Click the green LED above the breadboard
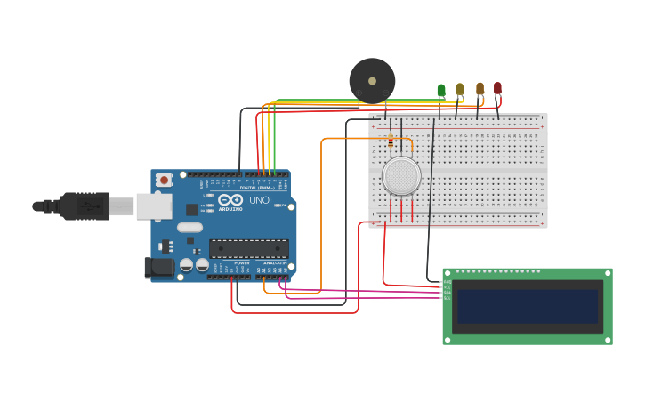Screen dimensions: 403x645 pyautogui.click(x=441, y=90)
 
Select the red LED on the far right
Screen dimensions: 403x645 pyautogui.click(x=497, y=88)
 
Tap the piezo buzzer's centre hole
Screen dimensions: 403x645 pyautogui.click(x=372, y=80)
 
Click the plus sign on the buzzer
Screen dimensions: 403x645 pyautogui.click(x=359, y=93)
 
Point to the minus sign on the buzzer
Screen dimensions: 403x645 pyautogui.click(x=385, y=93)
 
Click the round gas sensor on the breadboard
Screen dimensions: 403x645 pyautogui.click(x=401, y=176)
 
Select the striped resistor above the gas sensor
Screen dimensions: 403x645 pyautogui.click(x=391, y=141)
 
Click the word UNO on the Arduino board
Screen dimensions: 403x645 pyautogui.click(x=258, y=201)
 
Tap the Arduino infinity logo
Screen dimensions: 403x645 pyautogui.click(x=229, y=199)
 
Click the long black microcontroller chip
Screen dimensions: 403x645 pyautogui.click(x=248, y=249)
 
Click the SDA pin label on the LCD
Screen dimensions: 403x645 pyautogui.click(x=447, y=293)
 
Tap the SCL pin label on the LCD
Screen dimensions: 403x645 pyautogui.click(x=447, y=298)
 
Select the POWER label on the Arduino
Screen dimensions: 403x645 pyautogui.click(x=241, y=263)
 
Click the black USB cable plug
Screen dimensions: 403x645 pyautogui.click(x=84, y=206)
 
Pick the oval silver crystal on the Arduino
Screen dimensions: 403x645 pyautogui.click(x=189, y=227)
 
